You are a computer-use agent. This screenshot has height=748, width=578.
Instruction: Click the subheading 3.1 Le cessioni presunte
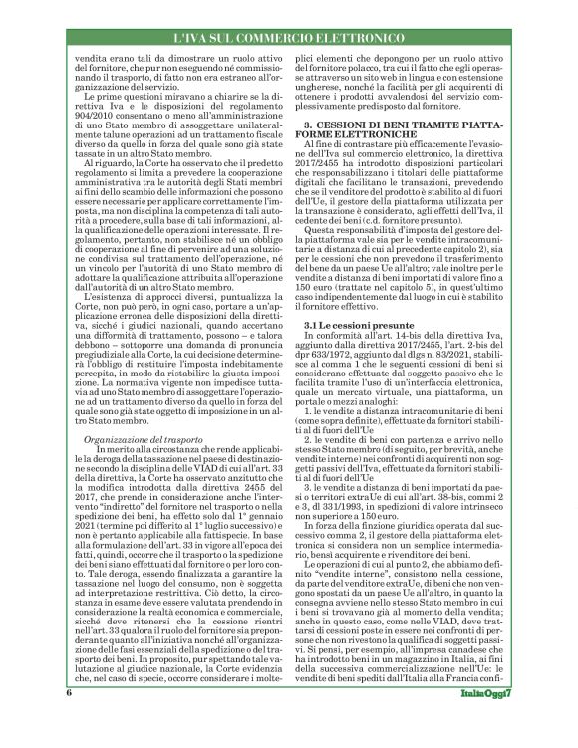tap(355, 298)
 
